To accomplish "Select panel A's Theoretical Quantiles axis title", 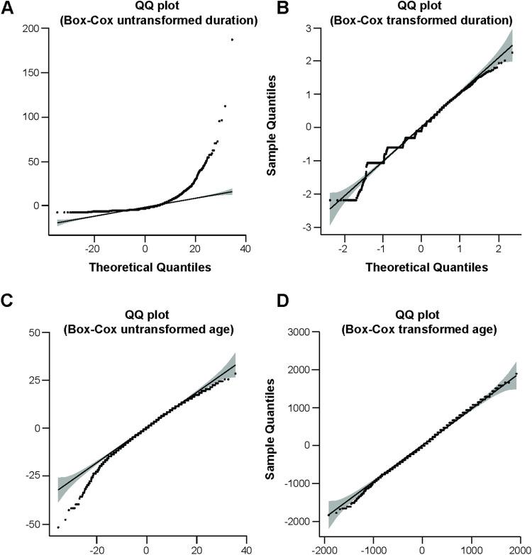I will click(145, 267).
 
